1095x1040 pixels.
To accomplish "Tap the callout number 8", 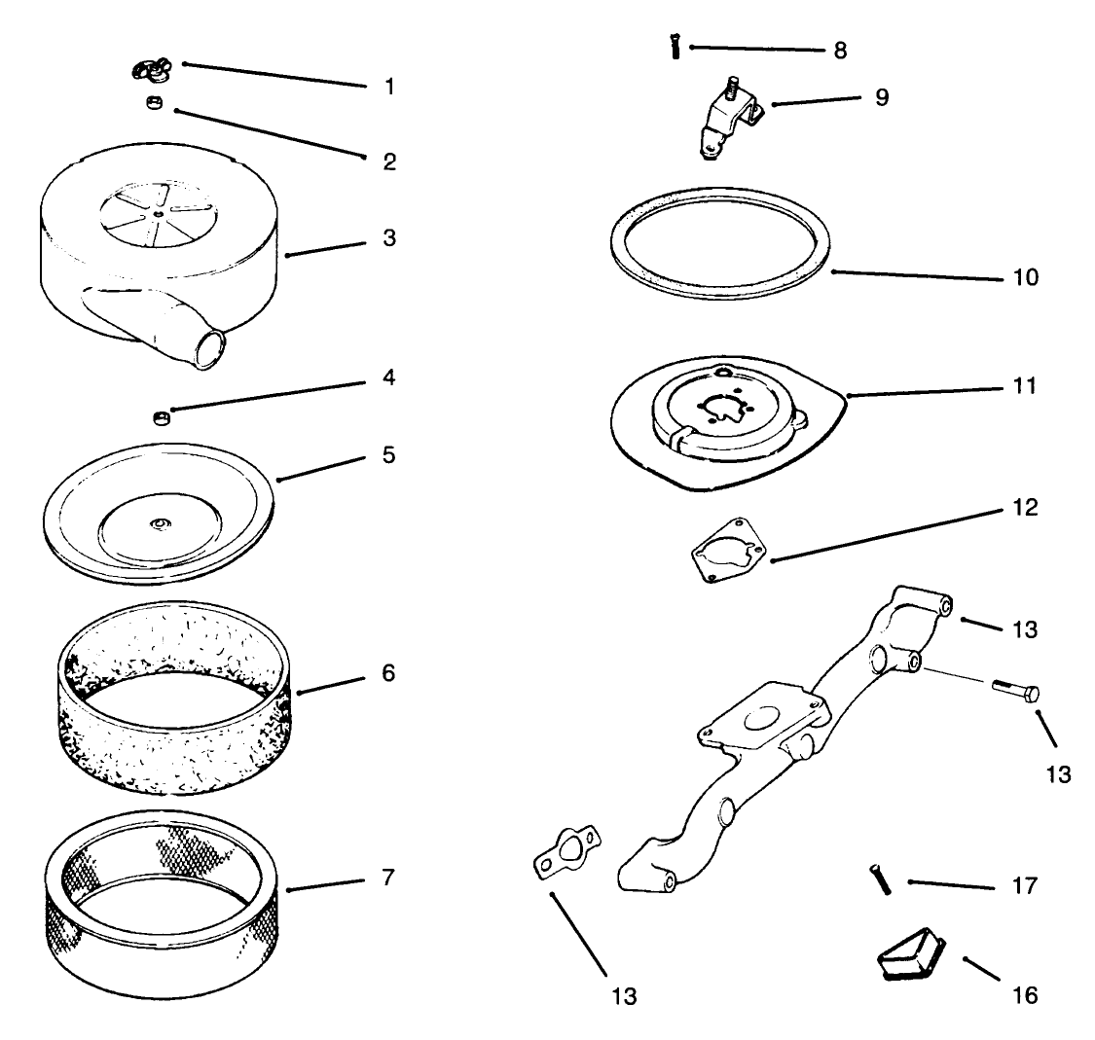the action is (840, 51).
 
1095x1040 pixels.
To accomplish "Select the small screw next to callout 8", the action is (675, 47).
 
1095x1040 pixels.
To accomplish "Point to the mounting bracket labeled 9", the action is (727, 119).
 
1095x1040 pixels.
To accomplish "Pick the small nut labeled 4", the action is (162, 418).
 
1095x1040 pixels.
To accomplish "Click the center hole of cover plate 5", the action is (160, 522).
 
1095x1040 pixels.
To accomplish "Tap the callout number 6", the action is (388, 673).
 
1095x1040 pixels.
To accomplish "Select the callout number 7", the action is (388, 877).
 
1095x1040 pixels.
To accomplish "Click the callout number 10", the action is (1026, 277).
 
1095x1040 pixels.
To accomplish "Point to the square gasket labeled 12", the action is (728, 551).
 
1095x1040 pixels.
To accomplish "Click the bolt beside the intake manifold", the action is (1015, 691).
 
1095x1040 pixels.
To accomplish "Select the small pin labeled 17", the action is (880, 879).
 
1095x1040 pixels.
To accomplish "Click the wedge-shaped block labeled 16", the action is (911, 954).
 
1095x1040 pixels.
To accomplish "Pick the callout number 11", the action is (1025, 386).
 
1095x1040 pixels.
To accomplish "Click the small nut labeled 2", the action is (154, 102).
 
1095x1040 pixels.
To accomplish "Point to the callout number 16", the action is (1025, 995).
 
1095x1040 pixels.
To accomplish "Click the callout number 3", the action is (389, 238).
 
